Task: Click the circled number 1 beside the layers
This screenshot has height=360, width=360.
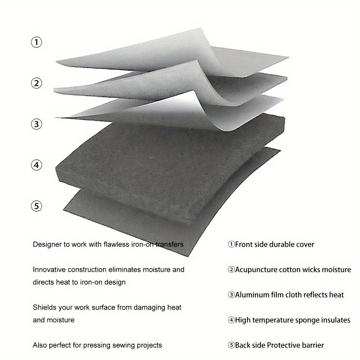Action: [x=36, y=42]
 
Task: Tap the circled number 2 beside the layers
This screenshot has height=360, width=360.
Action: [x=36, y=83]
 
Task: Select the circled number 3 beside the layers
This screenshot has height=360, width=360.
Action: [x=36, y=124]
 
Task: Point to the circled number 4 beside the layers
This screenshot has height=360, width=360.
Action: [x=36, y=165]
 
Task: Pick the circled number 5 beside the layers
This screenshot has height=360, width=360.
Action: [x=36, y=206]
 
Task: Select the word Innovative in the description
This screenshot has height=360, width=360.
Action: [x=49, y=269]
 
